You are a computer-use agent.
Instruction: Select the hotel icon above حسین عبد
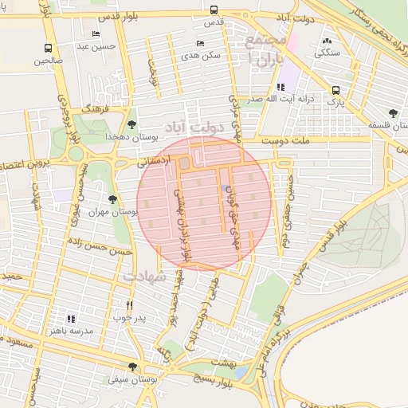point(96,34)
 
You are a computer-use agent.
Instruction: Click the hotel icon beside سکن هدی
point(199,43)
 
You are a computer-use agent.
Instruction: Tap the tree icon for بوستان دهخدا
point(131,124)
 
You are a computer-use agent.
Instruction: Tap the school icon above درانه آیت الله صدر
point(280,87)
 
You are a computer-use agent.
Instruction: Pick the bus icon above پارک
point(335,90)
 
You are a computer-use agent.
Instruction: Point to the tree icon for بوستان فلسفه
point(391,112)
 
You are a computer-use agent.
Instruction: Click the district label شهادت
point(145,277)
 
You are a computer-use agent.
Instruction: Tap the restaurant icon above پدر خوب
point(130,304)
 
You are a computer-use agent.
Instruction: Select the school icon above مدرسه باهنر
point(71,318)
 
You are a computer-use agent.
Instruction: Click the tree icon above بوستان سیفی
point(132,367)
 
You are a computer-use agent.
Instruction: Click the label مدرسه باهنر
point(71,330)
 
